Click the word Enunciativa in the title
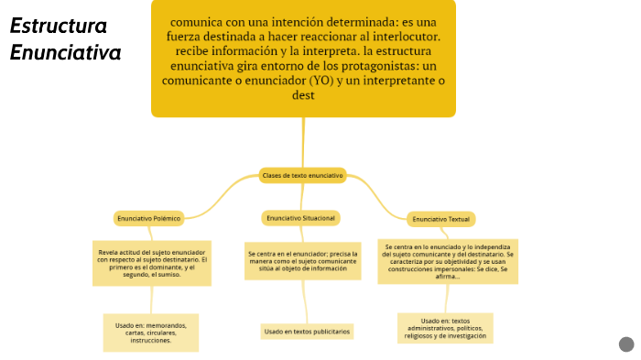[x=66, y=53]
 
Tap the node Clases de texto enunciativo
[x=302, y=175]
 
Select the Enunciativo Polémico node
[x=148, y=218]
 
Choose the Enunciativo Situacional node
[x=300, y=218]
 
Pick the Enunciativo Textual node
[x=441, y=220]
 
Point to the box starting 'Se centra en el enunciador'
[x=302, y=261]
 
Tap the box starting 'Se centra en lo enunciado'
[x=449, y=261]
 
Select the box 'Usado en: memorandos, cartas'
[x=150, y=333]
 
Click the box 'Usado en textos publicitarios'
[x=307, y=331]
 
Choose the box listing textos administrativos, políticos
[x=446, y=328]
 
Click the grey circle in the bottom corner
[x=626, y=344]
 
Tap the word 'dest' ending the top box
[x=303, y=94]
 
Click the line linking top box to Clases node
[x=301, y=142]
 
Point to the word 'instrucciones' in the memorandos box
[x=150, y=340]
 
